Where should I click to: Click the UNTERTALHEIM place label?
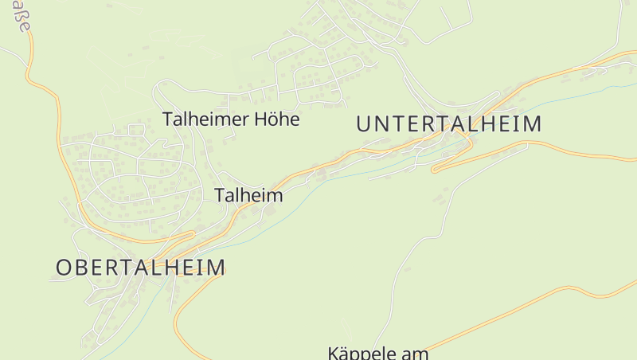click(x=449, y=123)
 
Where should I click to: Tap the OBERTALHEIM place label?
click(x=140, y=267)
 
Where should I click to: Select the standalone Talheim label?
click(x=248, y=195)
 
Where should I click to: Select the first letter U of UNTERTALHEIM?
click(x=364, y=123)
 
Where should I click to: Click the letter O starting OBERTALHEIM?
click(x=63, y=267)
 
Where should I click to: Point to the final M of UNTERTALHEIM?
click(x=533, y=123)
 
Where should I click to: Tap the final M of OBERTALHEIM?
click(x=217, y=267)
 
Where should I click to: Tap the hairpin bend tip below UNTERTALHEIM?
click(x=435, y=169)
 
